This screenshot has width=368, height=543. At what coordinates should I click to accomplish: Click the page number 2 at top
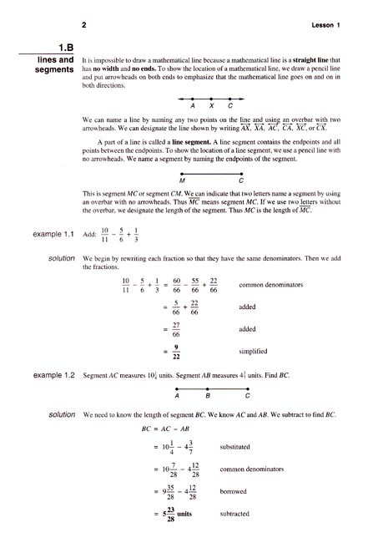86,24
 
